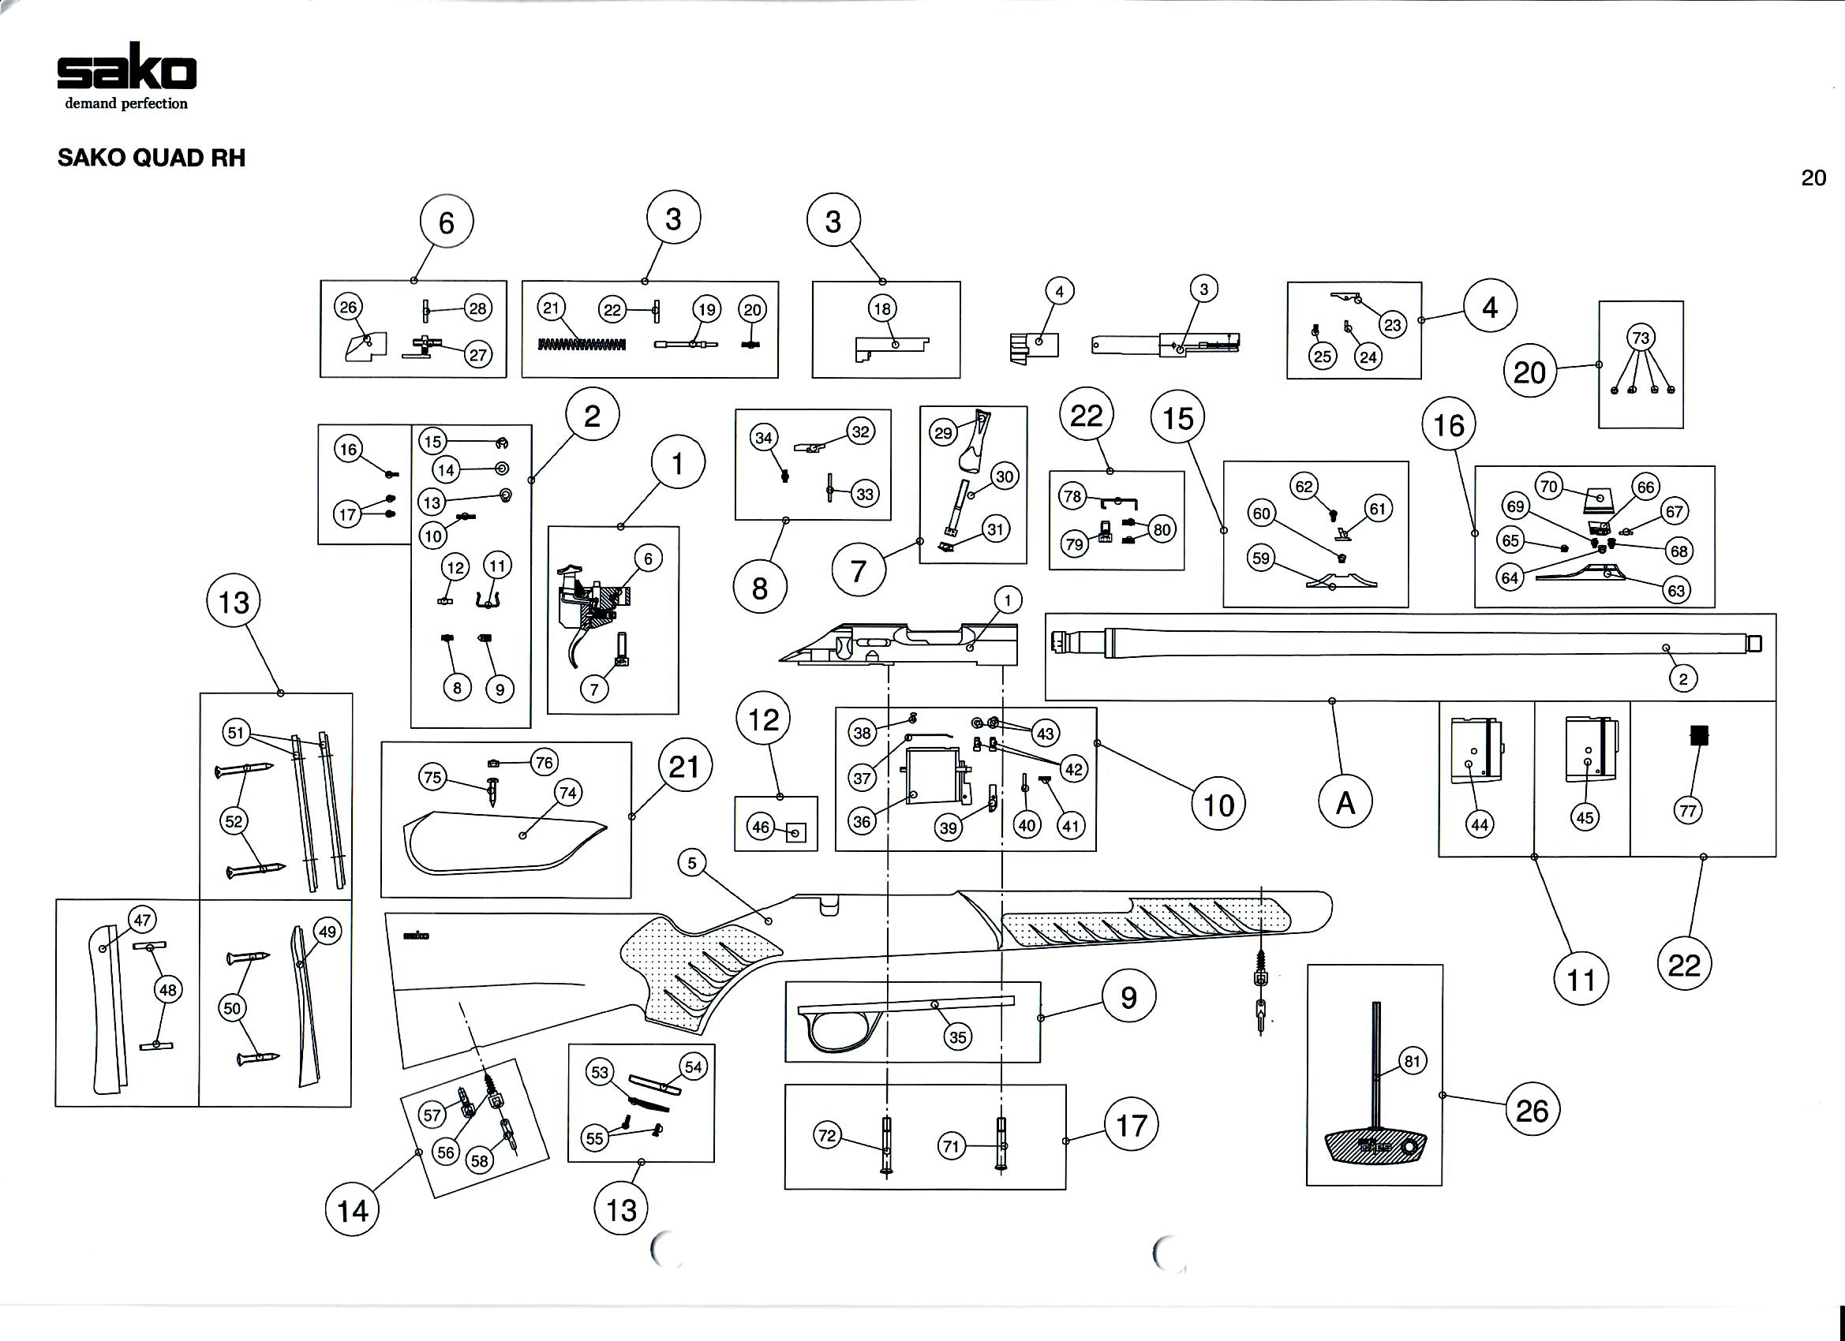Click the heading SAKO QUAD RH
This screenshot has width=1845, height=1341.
point(152,158)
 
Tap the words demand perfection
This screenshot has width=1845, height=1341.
point(126,104)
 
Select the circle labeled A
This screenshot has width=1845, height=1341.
point(1345,803)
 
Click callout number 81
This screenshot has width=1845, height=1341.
point(1413,1060)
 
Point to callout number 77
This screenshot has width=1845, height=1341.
point(1688,810)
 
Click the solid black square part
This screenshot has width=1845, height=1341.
point(1698,735)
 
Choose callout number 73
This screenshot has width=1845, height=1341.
point(1641,338)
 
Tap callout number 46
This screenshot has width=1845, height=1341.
point(760,827)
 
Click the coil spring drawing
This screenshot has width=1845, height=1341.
point(582,344)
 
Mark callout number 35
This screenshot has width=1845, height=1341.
point(957,1037)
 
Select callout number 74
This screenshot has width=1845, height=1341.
point(568,792)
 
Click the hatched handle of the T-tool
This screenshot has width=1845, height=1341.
point(1375,1147)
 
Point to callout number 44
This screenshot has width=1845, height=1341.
point(1479,824)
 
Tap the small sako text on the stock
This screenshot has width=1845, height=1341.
point(416,936)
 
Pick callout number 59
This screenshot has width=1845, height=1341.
point(1260,558)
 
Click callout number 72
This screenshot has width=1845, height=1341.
point(827,1135)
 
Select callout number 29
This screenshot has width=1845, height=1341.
point(943,432)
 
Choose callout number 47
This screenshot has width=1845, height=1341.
point(142,921)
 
